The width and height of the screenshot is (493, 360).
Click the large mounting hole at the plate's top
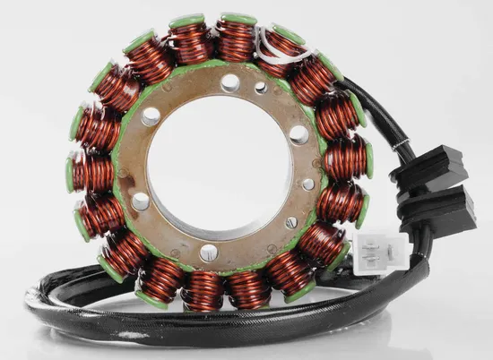[230, 82]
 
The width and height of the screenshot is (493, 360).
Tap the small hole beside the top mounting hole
[261, 88]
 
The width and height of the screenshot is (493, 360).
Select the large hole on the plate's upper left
[151, 116]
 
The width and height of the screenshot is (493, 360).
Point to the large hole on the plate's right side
[299, 134]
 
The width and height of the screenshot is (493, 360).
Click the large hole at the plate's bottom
[208, 253]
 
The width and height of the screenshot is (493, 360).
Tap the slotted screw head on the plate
[290, 222]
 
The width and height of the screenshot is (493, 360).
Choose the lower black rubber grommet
[441, 207]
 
